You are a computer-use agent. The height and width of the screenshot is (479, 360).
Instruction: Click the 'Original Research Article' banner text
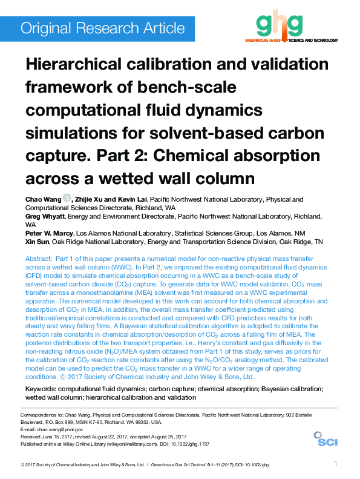tap(102, 28)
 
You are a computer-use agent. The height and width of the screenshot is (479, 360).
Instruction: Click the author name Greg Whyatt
tap(44, 216)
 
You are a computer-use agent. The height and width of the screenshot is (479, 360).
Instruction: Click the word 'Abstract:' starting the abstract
tap(39, 259)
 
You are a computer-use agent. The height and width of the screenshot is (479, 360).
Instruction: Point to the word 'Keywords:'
tap(43, 388)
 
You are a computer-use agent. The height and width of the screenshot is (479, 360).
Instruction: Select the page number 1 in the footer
tap(335, 464)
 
